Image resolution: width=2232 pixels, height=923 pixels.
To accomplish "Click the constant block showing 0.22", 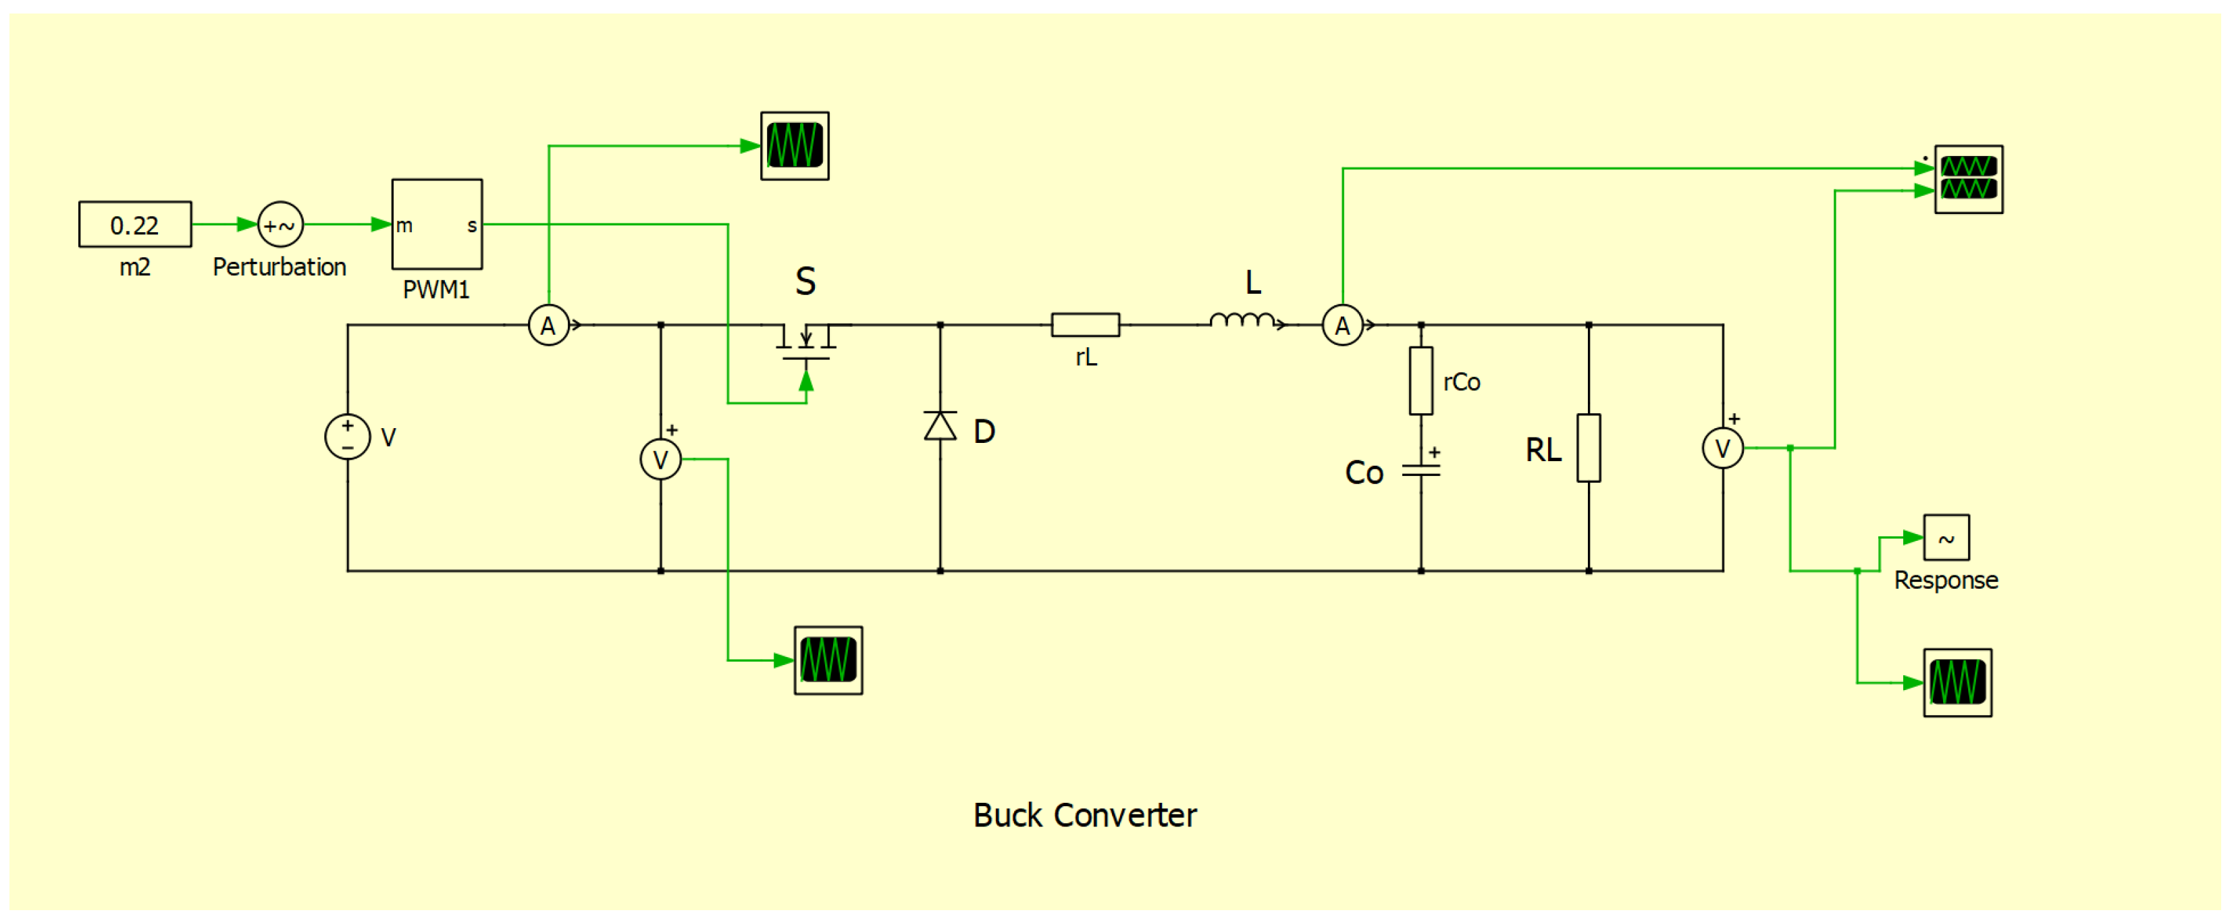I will (134, 224).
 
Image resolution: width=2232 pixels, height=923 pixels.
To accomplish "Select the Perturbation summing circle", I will (280, 224).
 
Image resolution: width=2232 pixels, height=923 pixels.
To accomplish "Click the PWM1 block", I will (437, 224).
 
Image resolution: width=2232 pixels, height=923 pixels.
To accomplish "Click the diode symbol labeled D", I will (940, 427).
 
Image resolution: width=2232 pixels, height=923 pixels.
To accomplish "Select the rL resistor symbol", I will (1085, 325).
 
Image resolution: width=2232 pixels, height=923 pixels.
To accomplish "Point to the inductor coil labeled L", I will (1244, 321).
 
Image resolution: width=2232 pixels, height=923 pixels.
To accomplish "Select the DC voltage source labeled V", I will (348, 437).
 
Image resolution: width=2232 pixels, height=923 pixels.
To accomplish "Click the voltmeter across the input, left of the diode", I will (660, 459).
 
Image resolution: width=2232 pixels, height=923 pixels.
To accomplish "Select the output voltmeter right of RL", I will (1722, 448).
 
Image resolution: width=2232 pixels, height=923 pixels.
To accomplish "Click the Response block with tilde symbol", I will (1946, 537).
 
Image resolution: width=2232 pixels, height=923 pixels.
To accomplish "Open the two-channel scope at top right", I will (1968, 178).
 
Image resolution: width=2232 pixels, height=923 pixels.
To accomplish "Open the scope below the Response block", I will (1957, 682).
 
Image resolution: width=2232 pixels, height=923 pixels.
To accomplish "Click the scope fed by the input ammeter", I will (795, 146).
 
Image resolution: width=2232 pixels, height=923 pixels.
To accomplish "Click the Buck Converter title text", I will (1084, 815).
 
